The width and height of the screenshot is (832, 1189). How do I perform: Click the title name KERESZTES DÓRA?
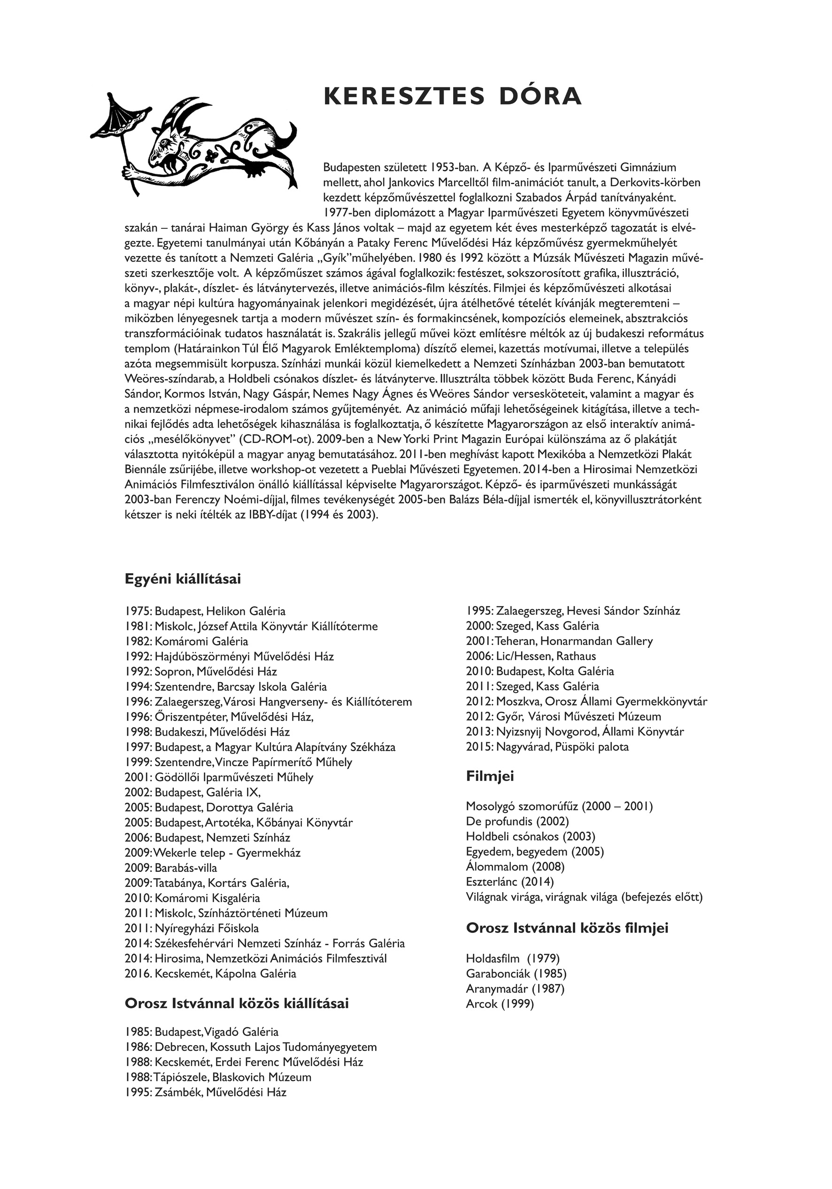[x=453, y=97]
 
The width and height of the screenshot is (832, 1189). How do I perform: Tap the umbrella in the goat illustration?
[x=119, y=117]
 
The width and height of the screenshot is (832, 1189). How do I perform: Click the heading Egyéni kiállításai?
[x=183, y=579]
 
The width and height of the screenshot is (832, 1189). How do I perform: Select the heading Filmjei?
[x=490, y=776]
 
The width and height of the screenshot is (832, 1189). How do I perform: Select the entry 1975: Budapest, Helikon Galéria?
[x=205, y=611]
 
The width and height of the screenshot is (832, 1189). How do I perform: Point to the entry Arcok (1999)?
[x=500, y=1003]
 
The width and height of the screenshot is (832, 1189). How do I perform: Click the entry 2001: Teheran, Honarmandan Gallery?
[x=559, y=641]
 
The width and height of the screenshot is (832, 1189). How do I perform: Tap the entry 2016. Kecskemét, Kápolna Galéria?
[x=210, y=973]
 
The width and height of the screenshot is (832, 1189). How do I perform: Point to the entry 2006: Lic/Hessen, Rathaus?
[x=531, y=656]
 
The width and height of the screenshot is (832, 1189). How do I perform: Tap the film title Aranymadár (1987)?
[x=515, y=988]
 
